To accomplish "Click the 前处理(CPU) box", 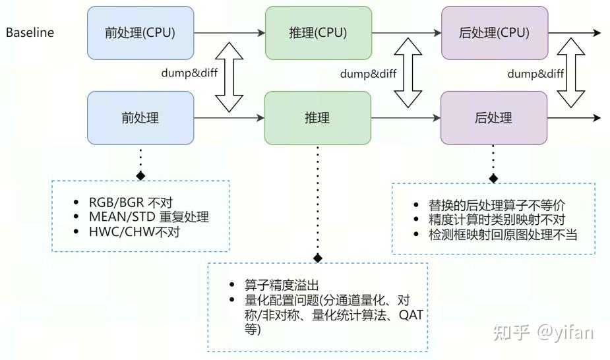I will click(x=140, y=32).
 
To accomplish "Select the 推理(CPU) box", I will click(x=317, y=32).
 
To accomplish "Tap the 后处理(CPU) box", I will click(x=494, y=32).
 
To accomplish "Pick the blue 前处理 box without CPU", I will click(x=140, y=117).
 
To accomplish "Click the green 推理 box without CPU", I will click(x=317, y=117).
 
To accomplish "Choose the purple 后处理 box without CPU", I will click(x=494, y=117).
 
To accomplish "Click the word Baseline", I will click(x=30, y=32).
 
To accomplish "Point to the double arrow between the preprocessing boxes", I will click(x=229, y=74).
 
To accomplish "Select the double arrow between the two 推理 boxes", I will click(x=406, y=74).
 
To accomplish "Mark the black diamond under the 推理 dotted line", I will click(x=318, y=258).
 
